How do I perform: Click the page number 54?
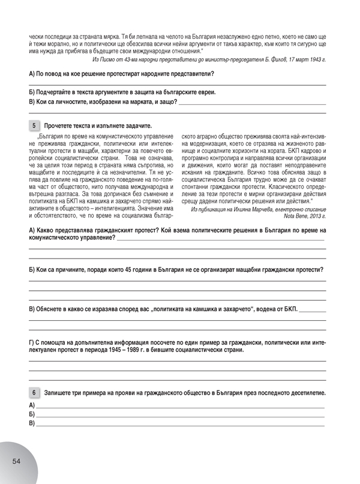coord(16,460)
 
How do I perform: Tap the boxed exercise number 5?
coord(34,125)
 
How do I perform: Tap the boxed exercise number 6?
coord(34,392)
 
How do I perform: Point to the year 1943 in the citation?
coord(314,60)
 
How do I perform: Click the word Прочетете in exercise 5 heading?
coord(58,126)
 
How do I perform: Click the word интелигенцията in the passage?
coord(125,191)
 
